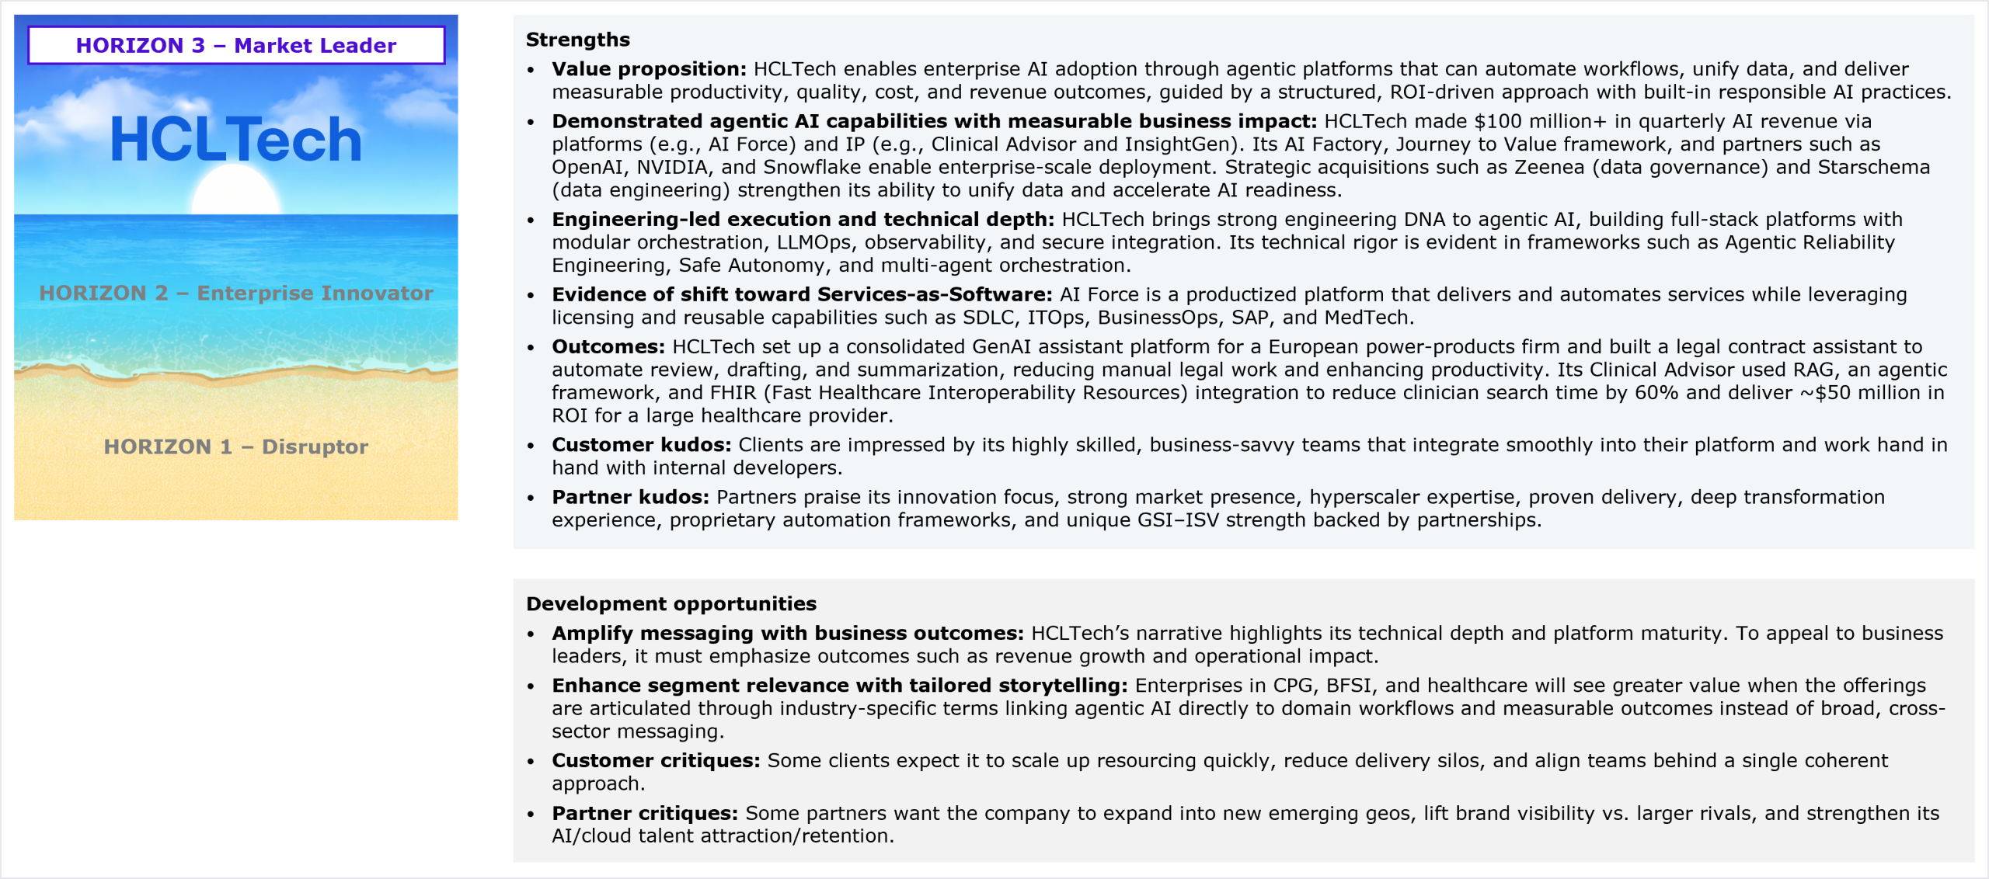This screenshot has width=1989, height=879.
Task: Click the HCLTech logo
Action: [x=236, y=140]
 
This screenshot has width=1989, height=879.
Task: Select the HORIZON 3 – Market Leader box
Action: [x=236, y=45]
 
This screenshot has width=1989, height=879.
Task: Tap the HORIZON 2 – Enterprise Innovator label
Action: [x=236, y=293]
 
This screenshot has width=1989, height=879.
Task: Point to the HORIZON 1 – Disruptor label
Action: [x=236, y=446]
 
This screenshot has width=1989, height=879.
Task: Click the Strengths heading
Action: [x=577, y=40]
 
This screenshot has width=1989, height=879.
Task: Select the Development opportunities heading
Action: [x=671, y=603]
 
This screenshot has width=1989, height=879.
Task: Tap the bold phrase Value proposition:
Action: [x=649, y=69]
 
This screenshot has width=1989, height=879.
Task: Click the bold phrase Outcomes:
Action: [x=608, y=346]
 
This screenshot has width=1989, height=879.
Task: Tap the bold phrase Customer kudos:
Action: [x=642, y=445]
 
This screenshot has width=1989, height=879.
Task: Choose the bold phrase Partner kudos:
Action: [x=630, y=497]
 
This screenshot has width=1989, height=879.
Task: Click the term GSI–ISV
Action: [x=1178, y=520]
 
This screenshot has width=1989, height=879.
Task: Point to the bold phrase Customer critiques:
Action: [x=656, y=760]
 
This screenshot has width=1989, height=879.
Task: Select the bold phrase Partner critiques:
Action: [x=645, y=813]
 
